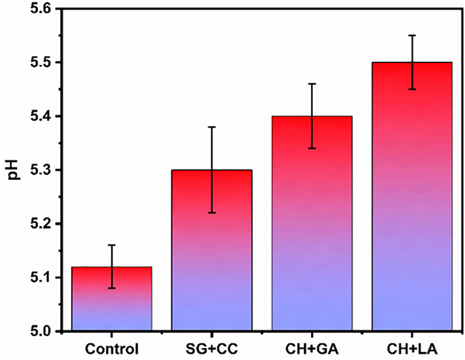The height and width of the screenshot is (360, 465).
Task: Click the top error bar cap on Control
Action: [x=111, y=245]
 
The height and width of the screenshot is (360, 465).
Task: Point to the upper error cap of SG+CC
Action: [x=212, y=126]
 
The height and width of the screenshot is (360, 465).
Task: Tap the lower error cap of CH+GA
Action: [x=312, y=148]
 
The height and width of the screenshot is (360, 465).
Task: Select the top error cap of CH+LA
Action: [x=412, y=35]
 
